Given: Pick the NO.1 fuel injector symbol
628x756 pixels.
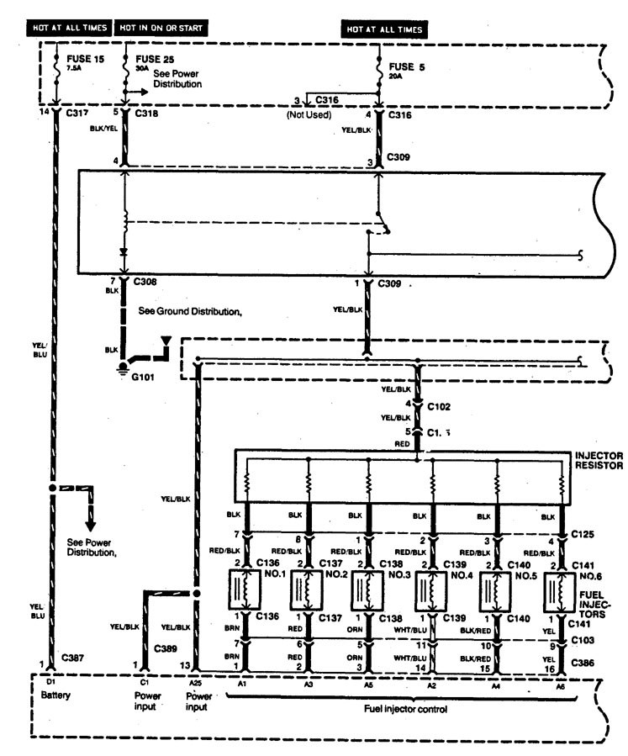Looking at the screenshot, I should (x=245, y=590).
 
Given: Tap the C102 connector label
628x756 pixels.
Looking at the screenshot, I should (x=439, y=404).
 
